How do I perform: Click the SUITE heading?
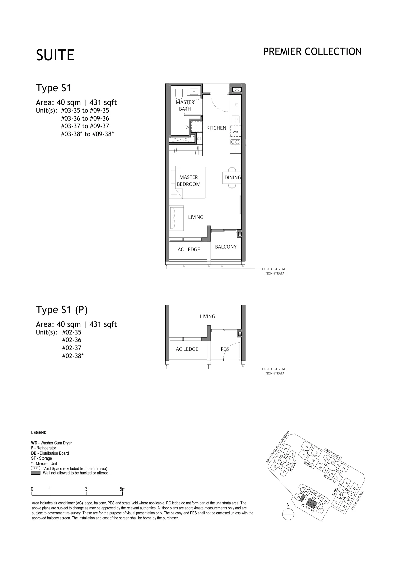coord(55,55)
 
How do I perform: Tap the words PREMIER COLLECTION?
coord(312,52)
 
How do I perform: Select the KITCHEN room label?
coord(216,128)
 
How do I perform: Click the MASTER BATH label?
coord(185,105)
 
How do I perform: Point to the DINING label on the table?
coord(232,178)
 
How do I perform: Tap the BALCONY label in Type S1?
coord(226,247)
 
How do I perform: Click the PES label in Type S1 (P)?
coord(225,349)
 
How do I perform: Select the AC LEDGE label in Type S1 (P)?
coord(187,349)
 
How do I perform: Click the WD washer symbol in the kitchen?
coord(235,132)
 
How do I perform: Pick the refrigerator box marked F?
coord(196,127)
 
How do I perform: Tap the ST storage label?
coord(236,105)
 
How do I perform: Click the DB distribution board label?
coord(199,139)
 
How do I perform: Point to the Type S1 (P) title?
coord(62,310)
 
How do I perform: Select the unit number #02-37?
coord(72,348)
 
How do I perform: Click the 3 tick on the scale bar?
coord(86,489)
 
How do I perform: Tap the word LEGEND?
coord(39,433)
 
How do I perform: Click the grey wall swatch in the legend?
coord(35,473)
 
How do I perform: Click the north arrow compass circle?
coord(288,515)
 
